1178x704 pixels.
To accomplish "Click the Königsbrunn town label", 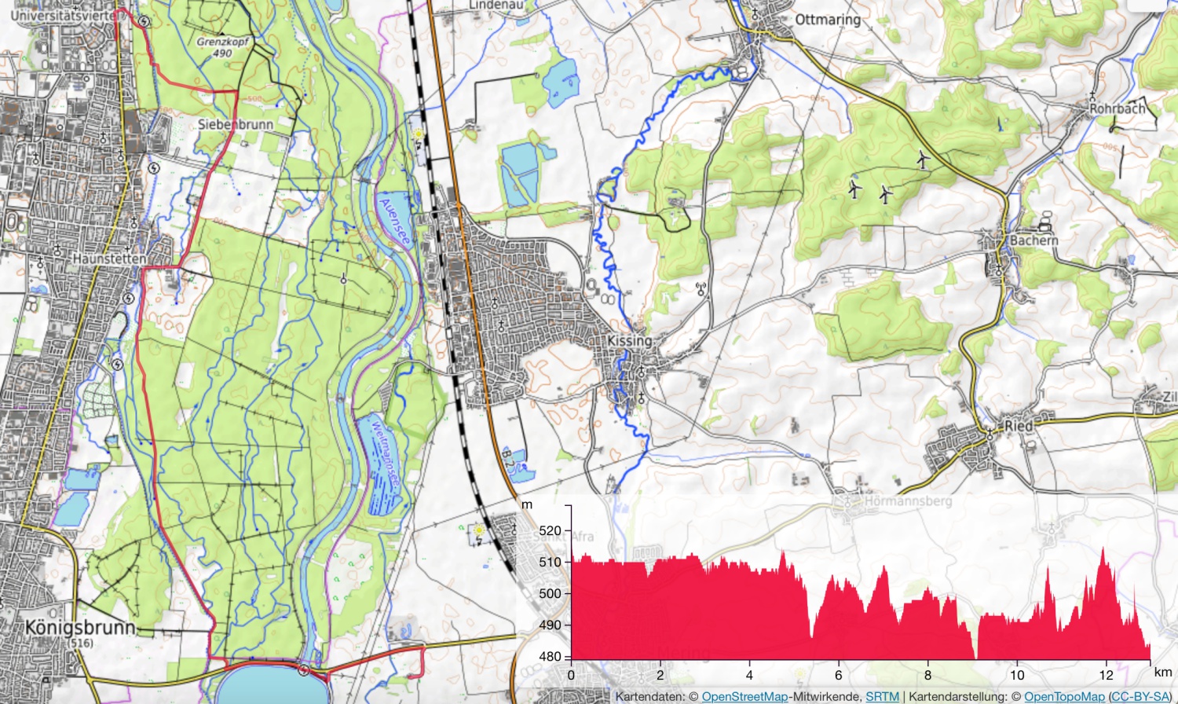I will click(80, 627).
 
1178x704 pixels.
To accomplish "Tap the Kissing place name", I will click(629, 341).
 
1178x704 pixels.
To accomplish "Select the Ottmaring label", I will click(828, 19).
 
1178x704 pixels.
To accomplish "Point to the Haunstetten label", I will click(109, 258).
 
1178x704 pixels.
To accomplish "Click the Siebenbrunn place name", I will click(236, 124).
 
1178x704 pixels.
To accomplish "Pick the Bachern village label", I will click(1033, 240).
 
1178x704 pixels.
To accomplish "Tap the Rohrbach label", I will click(1117, 108).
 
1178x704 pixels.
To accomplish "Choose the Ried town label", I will click(1019, 425).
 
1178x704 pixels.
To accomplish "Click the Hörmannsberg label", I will click(908, 500).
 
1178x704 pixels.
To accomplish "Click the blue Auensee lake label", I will click(394, 223).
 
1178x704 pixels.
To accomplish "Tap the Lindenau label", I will click(496, 5).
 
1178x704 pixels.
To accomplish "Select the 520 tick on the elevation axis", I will click(551, 531).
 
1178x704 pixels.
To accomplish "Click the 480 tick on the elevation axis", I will click(551, 657).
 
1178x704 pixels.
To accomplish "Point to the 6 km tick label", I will click(839, 675).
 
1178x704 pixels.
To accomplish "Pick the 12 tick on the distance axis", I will click(1106, 675).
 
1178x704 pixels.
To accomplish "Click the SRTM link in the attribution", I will click(882, 697).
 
